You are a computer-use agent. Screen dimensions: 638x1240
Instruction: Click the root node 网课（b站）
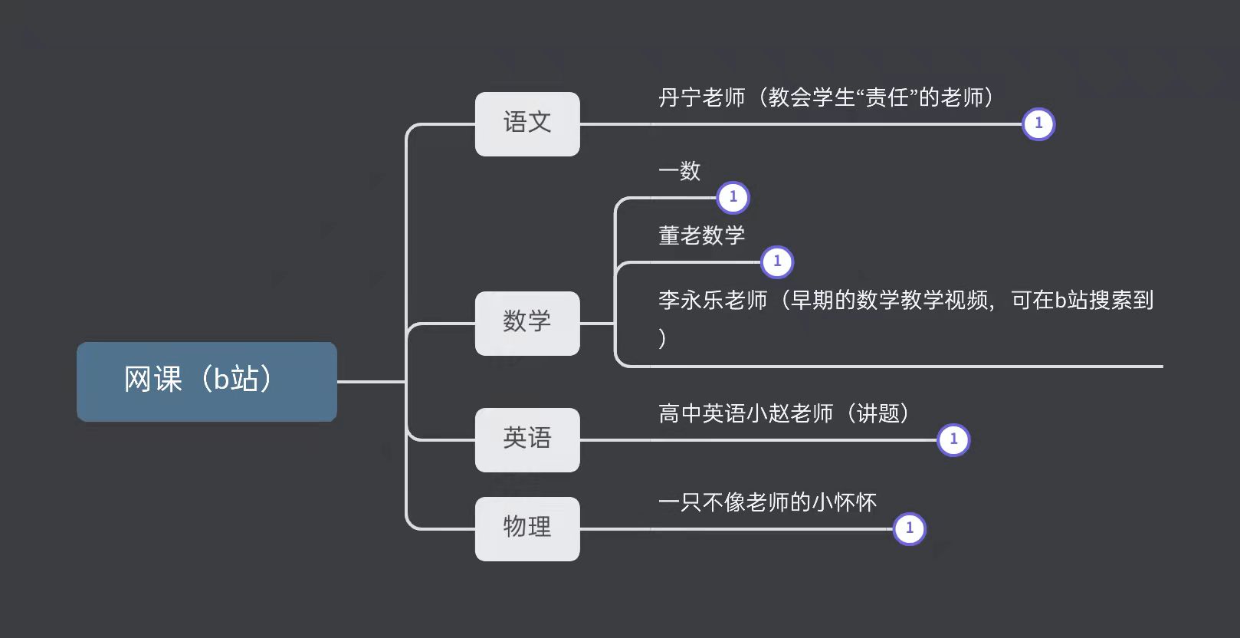click(206, 381)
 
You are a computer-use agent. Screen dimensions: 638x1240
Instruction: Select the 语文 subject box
click(527, 123)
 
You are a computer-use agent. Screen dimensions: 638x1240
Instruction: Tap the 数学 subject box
click(527, 323)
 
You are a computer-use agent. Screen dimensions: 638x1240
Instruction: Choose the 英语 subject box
click(527, 439)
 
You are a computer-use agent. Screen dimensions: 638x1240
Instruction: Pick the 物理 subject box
click(527, 528)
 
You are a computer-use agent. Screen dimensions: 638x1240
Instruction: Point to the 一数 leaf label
click(680, 171)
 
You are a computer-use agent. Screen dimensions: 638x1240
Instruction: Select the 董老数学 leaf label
click(701, 235)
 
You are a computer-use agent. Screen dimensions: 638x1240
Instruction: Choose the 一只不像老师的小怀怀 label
click(767, 502)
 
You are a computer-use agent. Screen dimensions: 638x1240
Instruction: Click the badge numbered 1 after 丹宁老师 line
click(1038, 123)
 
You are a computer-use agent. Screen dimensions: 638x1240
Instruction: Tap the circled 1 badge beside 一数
click(733, 197)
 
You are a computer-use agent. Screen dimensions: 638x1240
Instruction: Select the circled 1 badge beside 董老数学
click(777, 261)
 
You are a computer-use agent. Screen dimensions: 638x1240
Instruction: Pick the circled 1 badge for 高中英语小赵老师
click(953, 439)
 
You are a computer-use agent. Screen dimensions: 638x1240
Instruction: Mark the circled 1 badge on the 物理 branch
click(909, 528)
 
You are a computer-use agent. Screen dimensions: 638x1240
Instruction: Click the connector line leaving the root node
click(371, 381)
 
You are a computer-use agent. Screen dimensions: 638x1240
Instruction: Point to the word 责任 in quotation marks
click(887, 97)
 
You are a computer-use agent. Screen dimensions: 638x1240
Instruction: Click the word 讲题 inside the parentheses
click(878, 414)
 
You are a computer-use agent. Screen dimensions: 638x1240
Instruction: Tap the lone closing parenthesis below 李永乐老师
click(662, 337)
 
